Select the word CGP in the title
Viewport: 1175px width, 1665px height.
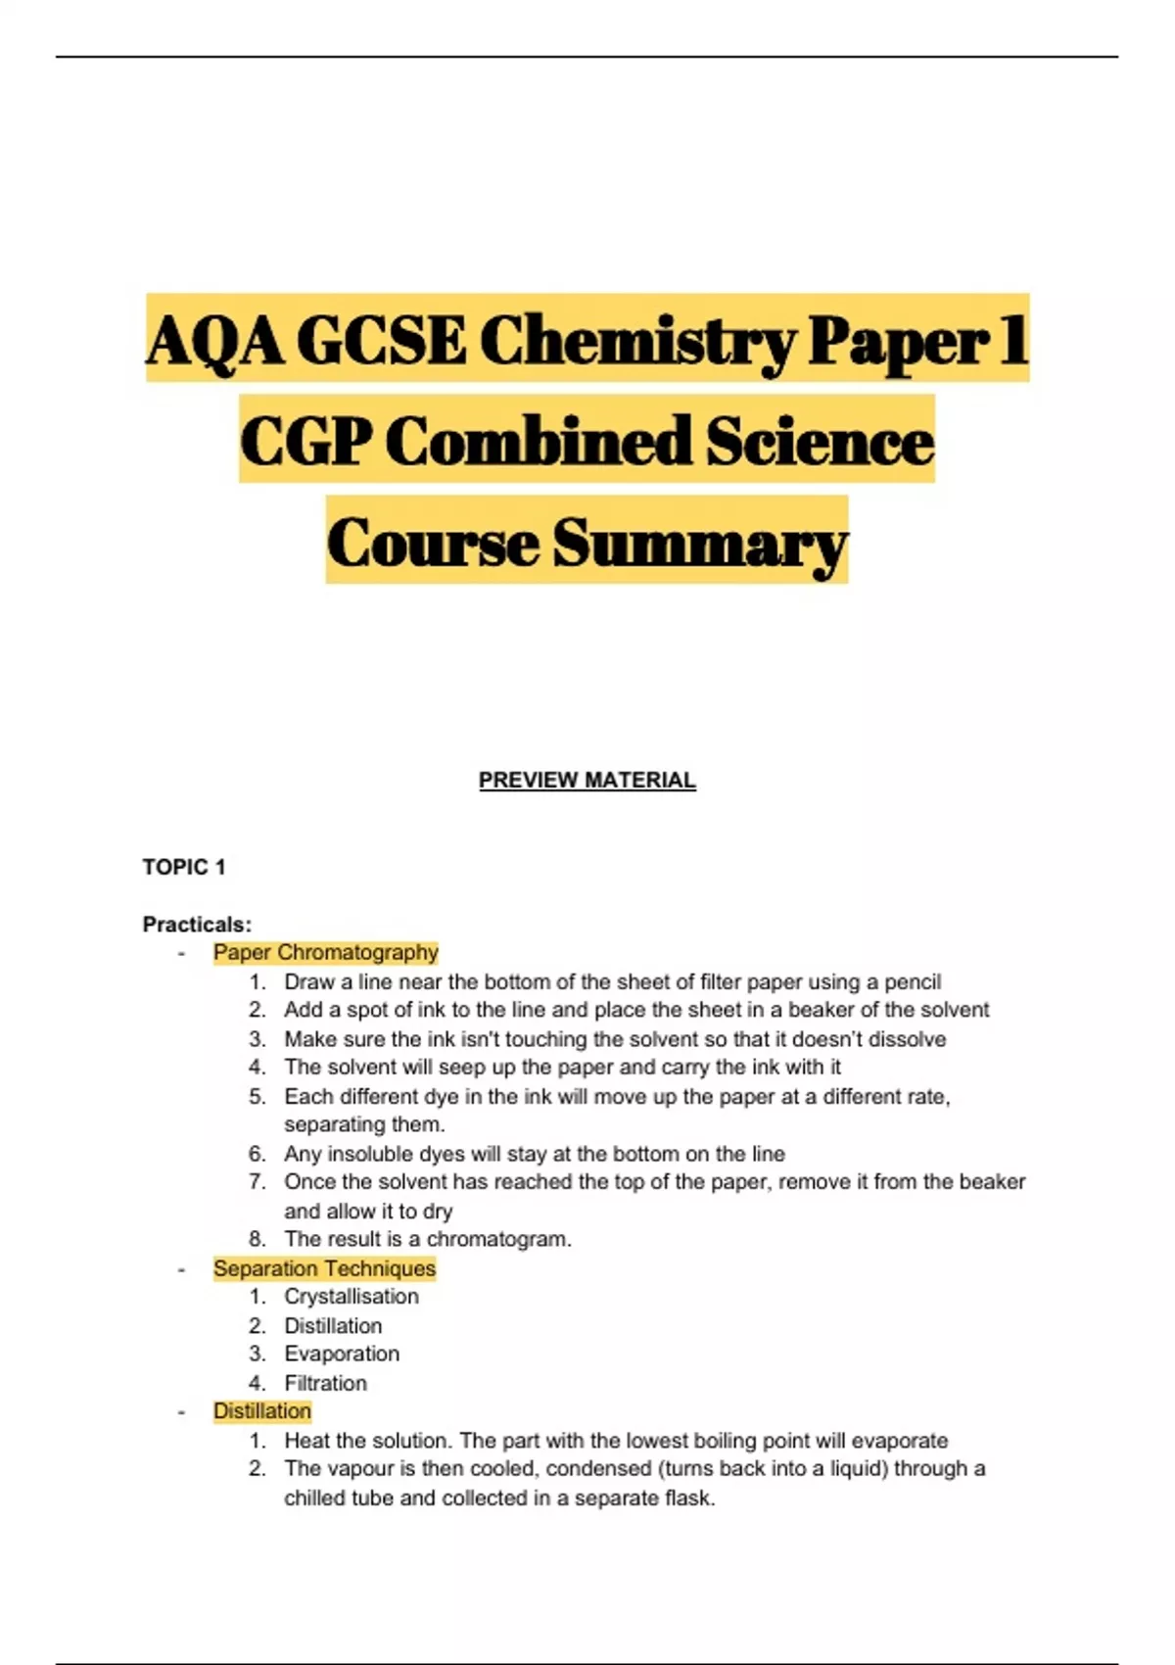(305, 442)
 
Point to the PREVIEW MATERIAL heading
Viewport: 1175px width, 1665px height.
(587, 781)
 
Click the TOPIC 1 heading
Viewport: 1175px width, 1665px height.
(184, 867)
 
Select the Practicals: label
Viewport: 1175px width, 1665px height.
(197, 924)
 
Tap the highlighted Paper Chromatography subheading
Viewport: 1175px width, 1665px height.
(325, 952)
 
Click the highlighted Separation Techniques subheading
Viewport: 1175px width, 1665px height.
(324, 1268)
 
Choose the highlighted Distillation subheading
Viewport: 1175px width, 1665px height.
(262, 1411)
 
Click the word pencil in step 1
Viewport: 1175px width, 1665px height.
(912, 981)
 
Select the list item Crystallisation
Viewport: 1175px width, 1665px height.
(352, 1297)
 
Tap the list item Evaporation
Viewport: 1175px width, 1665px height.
(342, 1354)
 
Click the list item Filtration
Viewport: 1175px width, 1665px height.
(325, 1383)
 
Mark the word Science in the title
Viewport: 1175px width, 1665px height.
(820, 442)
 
